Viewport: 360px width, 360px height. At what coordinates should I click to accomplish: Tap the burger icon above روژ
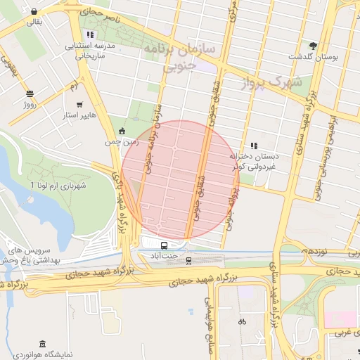29,94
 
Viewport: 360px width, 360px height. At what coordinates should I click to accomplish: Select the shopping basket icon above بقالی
34,12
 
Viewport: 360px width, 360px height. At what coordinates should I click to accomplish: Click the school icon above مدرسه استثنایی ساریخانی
89,34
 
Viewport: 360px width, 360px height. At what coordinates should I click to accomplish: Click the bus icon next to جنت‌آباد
164,245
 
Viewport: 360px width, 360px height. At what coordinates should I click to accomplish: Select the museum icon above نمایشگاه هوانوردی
43,344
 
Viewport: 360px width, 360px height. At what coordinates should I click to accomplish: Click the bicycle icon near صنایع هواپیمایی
242,321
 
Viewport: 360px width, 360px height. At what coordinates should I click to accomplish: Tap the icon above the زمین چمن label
122,131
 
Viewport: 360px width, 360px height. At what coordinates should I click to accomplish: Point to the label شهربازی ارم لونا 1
58,186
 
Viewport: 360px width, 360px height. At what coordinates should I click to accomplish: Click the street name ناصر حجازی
98,14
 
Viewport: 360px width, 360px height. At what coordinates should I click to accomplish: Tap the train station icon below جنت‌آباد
188,261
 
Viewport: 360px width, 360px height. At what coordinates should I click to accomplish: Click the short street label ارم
73,86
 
